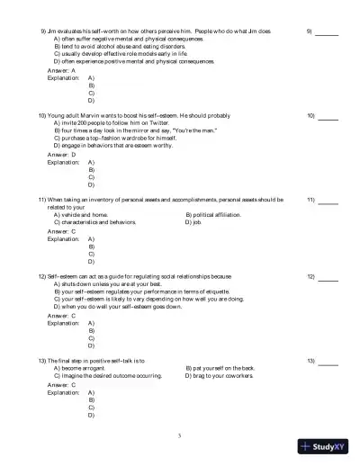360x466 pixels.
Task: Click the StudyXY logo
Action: (324, 446)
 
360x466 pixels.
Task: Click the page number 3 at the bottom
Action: (179, 435)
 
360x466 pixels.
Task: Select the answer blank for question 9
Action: (328, 34)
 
